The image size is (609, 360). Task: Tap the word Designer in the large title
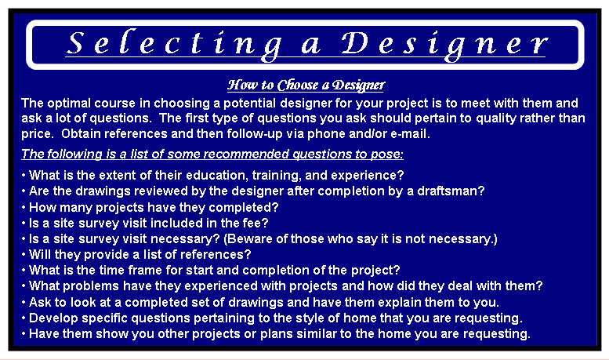pyautogui.click(x=445, y=45)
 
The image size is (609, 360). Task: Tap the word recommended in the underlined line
pyautogui.click(x=246, y=155)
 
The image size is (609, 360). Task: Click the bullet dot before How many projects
pyautogui.click(x=24, y=208)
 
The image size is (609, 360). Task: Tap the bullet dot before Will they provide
pyautogui.click(x=24, y=255)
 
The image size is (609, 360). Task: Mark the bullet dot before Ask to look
pyautogui.click(x=24, y=303)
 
